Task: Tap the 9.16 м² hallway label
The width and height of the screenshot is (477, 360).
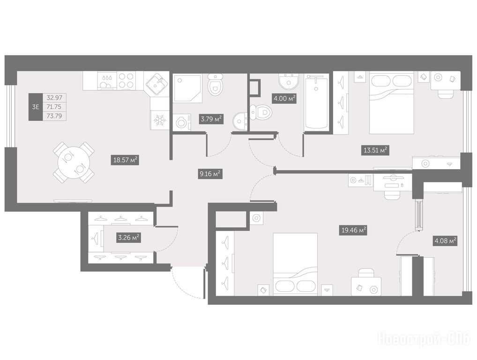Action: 209,174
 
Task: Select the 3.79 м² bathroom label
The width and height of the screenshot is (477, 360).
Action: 211,119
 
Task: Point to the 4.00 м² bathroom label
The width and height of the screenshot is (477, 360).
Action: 284,98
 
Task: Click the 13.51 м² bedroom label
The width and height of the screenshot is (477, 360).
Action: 375,150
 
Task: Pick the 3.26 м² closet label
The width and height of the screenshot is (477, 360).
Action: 129,237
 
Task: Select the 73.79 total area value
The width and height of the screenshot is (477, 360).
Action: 54,116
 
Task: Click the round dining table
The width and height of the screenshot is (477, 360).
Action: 74,162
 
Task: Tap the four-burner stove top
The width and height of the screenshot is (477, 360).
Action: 126,81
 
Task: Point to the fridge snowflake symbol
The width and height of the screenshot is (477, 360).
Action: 159,120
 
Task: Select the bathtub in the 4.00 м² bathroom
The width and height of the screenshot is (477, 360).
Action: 316,102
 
